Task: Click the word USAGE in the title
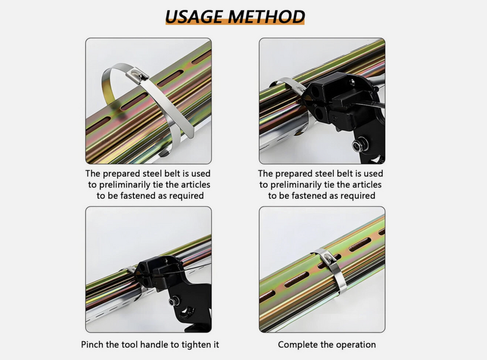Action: coord(195,16)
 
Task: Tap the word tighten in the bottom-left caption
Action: coord(196,345)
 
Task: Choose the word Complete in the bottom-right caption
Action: coord(298,345)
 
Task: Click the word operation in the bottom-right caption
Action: coord(354,345)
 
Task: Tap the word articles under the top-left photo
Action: coord(196,185)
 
